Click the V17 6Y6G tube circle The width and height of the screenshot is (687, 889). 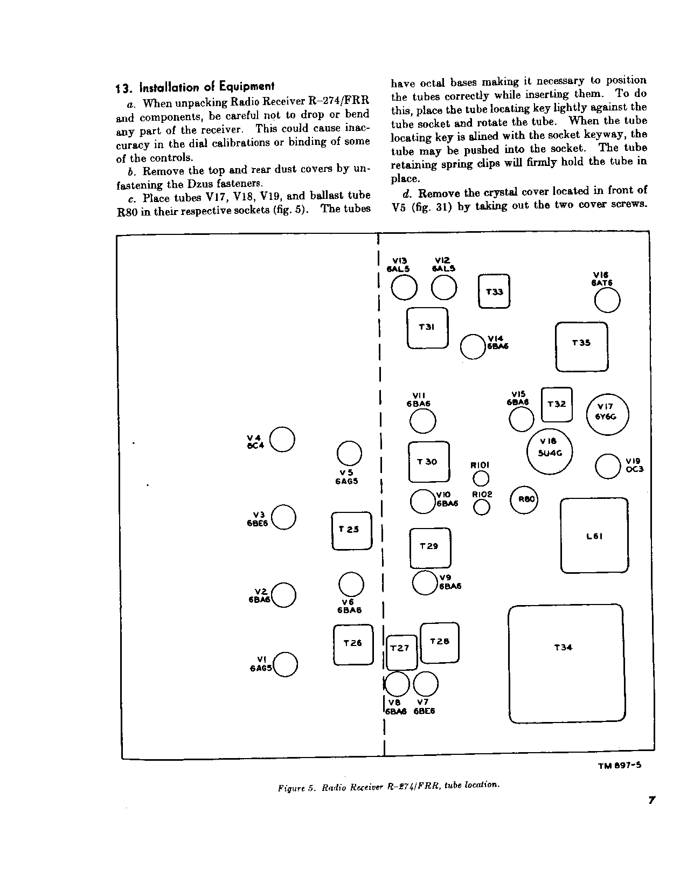608,415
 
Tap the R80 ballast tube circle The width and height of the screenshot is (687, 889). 524,500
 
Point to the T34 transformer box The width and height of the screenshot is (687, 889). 566,664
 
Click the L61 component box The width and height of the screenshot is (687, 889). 594,536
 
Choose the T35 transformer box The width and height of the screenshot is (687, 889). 581,347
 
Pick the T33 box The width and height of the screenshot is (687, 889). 494,291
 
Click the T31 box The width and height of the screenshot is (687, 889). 427,328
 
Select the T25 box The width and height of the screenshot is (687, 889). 352,531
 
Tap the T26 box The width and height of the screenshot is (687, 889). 353,644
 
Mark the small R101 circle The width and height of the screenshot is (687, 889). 481,478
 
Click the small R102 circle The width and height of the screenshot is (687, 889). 482,507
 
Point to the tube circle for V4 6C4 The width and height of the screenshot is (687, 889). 282,440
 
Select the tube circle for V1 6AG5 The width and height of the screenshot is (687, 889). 286,664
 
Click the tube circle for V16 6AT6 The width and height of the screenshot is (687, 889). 607,301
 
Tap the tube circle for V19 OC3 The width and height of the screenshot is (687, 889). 608,466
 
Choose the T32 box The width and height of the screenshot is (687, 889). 557,405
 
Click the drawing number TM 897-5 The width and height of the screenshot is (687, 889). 619,766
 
